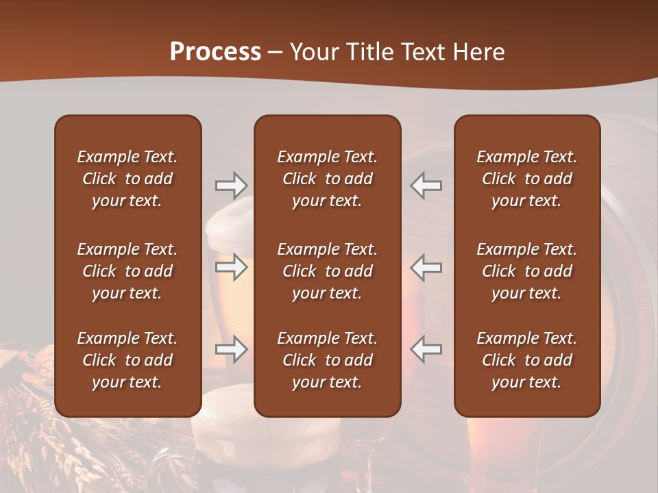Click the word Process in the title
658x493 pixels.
[215, 52]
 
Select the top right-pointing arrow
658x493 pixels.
[231, 186]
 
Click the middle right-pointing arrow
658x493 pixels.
[231, 267]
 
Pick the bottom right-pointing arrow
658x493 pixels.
[231, 350]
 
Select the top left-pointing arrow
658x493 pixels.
[426, 186]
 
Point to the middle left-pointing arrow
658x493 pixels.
[426, 267]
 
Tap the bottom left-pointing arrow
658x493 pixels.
[426, 350]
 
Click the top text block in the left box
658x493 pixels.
[127, 179]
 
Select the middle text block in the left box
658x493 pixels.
[127, 271]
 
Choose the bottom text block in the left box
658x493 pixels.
[127, 360]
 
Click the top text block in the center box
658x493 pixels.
[328, 179]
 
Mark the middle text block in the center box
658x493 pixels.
[328, 271]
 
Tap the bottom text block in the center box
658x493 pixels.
[328, 360]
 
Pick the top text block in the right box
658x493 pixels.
[527, 179]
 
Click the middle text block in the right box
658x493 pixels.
[527, 271]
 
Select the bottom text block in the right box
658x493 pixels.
[527, 360]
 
